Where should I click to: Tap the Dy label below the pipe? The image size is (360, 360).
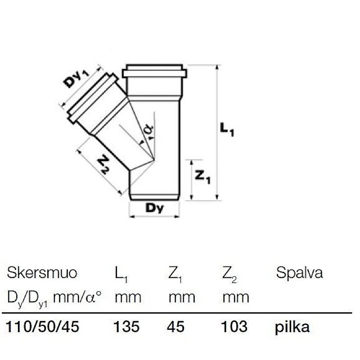point(155,208)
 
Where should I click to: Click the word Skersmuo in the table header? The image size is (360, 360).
point(42,273)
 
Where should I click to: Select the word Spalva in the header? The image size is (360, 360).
point(299,273)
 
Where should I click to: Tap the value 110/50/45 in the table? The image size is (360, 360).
point(43,327)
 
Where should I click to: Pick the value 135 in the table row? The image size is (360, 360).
point(127,327)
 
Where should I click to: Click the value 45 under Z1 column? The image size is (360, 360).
point(175,327)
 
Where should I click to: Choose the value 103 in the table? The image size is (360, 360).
point(234,327)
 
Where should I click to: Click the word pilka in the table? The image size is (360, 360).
point(292,327)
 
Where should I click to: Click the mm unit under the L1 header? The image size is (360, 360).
point(128,297)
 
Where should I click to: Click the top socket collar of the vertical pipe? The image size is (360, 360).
point(154,72)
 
